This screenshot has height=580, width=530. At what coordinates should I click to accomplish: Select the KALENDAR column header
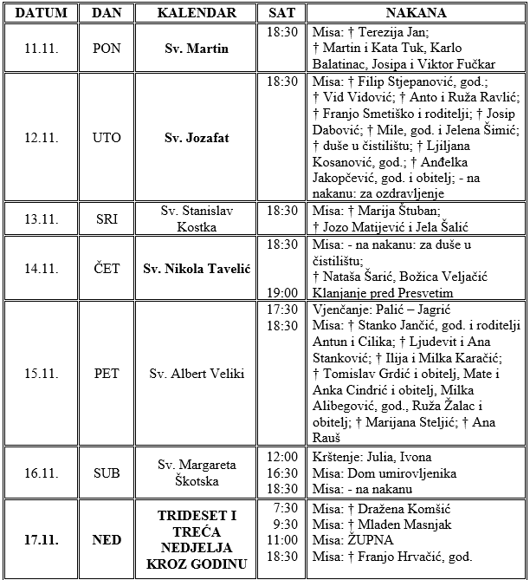pyautogui.click(x=197, y=13)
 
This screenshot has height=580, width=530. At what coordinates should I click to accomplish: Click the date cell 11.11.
pyautogui.click(x=42, y=49)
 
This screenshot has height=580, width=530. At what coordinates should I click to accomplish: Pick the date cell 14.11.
pyautogui.click(x=42, y=269)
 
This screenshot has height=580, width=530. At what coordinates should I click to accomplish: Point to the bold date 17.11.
pyautogui.click(x=42, y=540)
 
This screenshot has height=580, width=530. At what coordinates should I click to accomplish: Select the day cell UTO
pyautogui.click(x=107, y=138)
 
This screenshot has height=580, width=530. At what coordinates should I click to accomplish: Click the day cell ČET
pyautogui.click(x=107, y=269)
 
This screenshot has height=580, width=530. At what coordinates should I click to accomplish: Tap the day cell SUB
pyautogui.click(x=107, y=472)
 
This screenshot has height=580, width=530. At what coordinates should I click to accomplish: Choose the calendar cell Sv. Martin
pyautogui.click(x=197, y=49)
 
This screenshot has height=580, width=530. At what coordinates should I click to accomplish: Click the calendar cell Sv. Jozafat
pyautogui.click(x=197, y=138)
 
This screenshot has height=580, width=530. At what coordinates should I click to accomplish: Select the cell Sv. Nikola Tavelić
pyautogui.click(x=197, y=269)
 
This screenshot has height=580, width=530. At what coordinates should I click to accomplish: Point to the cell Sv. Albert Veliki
pyautogui.click(x=197, y=374)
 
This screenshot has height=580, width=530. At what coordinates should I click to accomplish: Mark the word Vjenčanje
pyautogui.click(x=339, y=310)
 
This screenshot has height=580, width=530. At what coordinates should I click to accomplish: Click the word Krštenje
pyautogui.click(x=336, y=457)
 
